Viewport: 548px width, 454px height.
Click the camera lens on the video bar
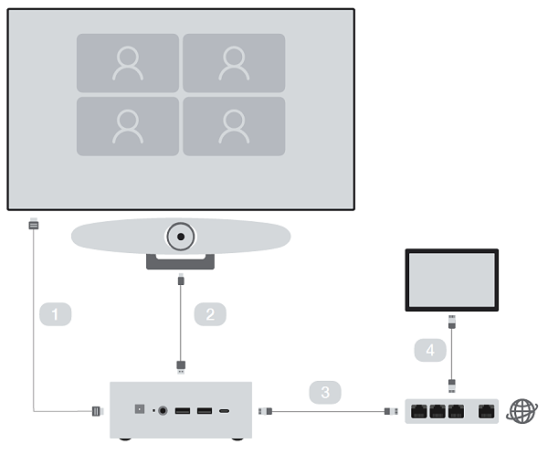182,238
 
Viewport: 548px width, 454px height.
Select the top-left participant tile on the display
128,63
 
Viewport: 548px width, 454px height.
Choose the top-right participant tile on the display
234,63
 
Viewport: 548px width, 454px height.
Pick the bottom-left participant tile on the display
128,126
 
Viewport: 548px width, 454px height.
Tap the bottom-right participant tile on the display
234,126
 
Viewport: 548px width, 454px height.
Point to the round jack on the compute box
165,411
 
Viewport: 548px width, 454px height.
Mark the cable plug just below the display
34,223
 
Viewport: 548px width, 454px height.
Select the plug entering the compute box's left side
95,411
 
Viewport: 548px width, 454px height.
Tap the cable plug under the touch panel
452,322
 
